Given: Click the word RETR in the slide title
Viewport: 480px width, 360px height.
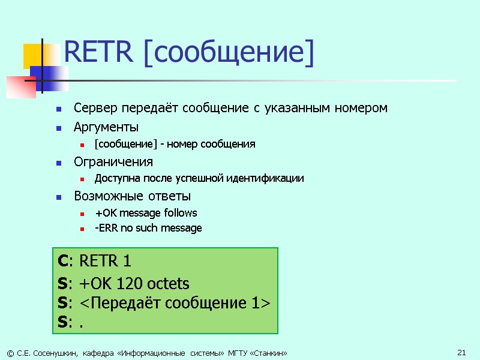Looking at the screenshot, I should click(97, 53).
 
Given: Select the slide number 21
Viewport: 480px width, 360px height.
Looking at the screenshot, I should click(461, 352).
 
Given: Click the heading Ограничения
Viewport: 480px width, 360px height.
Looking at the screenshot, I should click(113, 162).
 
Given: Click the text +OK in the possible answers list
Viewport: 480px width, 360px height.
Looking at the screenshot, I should click(103, 213).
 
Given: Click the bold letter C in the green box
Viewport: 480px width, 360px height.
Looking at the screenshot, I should click(62, 262).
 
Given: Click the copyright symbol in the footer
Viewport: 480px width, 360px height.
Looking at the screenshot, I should click(8, 352).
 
